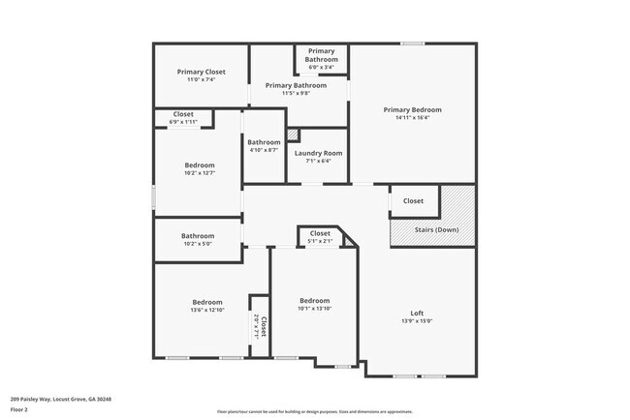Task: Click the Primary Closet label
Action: pos(201,72)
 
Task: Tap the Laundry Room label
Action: pos(319,153)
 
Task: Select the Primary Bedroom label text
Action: pos(413,109)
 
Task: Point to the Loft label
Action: pos(417,313)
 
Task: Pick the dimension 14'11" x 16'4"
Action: pos(413,118)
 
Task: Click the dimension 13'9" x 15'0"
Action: pos(417,321)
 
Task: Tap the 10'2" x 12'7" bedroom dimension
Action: pos(199,174)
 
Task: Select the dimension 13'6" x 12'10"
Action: pos(206,310)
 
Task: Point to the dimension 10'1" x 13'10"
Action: pos(314,309)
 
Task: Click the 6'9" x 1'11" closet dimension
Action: pos(182,122)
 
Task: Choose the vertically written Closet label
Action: pos(264,326)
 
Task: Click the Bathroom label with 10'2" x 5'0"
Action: pos(198,235)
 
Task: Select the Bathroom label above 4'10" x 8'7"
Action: pos(263,142)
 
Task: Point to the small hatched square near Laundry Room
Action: pos(292,135)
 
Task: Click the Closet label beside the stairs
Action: pos(413,201)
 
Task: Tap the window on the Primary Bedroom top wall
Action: pos(413,44)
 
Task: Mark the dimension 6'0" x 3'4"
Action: pos(322,67)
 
